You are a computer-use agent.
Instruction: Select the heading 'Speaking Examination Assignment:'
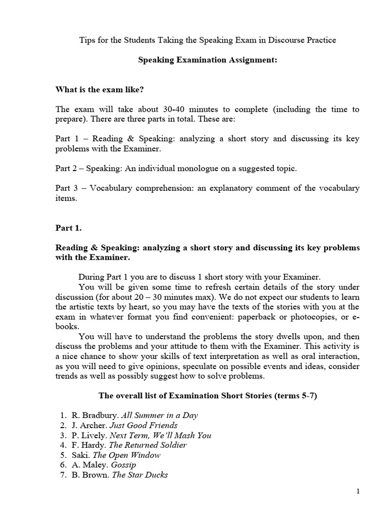pyautogui.click(x=208, y=60)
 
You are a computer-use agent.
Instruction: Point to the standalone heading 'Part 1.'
pyautogui.click(x=68, y=228)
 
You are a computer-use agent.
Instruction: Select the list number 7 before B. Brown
pyautogui.click(x=63, y=475)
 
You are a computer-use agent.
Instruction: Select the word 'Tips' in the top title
pyautogui.click(x=88, y=40)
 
